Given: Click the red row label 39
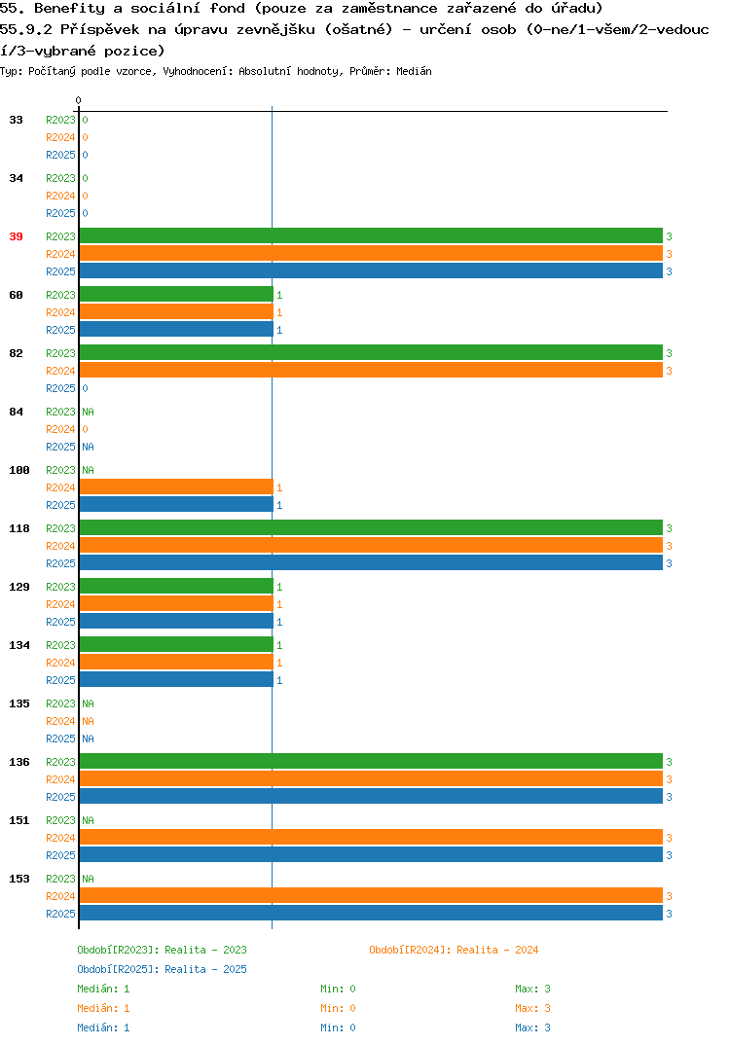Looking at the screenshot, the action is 16,236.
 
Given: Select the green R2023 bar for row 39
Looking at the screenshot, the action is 372,235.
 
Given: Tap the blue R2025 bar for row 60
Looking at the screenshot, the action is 177,329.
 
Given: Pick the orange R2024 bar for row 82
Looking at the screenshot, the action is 372,370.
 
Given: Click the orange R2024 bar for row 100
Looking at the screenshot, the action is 177,487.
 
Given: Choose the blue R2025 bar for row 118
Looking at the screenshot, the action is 372,562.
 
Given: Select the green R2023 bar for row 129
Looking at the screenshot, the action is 177,586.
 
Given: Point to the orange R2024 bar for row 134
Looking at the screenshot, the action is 177,662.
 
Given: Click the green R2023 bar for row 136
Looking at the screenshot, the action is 372,761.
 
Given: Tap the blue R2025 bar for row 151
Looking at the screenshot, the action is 372,854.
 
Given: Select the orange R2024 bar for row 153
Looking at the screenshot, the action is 372,896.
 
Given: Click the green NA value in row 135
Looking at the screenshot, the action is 88,703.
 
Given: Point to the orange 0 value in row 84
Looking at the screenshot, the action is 86,430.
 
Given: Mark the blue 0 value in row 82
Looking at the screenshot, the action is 86,388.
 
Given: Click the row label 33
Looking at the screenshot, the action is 16,120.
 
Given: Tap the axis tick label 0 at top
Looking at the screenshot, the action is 78,100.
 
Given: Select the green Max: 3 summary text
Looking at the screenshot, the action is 532,989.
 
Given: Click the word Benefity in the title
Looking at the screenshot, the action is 69,9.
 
